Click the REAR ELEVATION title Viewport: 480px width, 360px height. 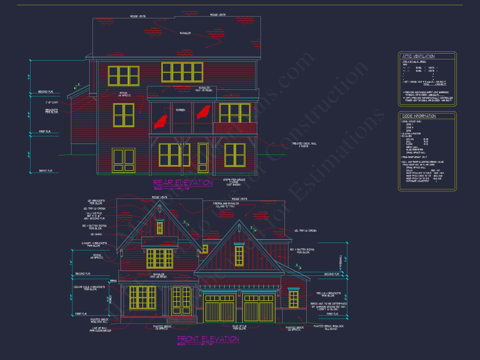click(183, 183)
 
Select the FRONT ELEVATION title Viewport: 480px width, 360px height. click(208, 339)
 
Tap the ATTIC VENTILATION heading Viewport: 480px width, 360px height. click(418, 57)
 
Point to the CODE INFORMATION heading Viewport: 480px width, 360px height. click(419, 116)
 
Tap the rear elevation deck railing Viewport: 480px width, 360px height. click(235, 128)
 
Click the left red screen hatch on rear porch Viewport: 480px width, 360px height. click(161, 120)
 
